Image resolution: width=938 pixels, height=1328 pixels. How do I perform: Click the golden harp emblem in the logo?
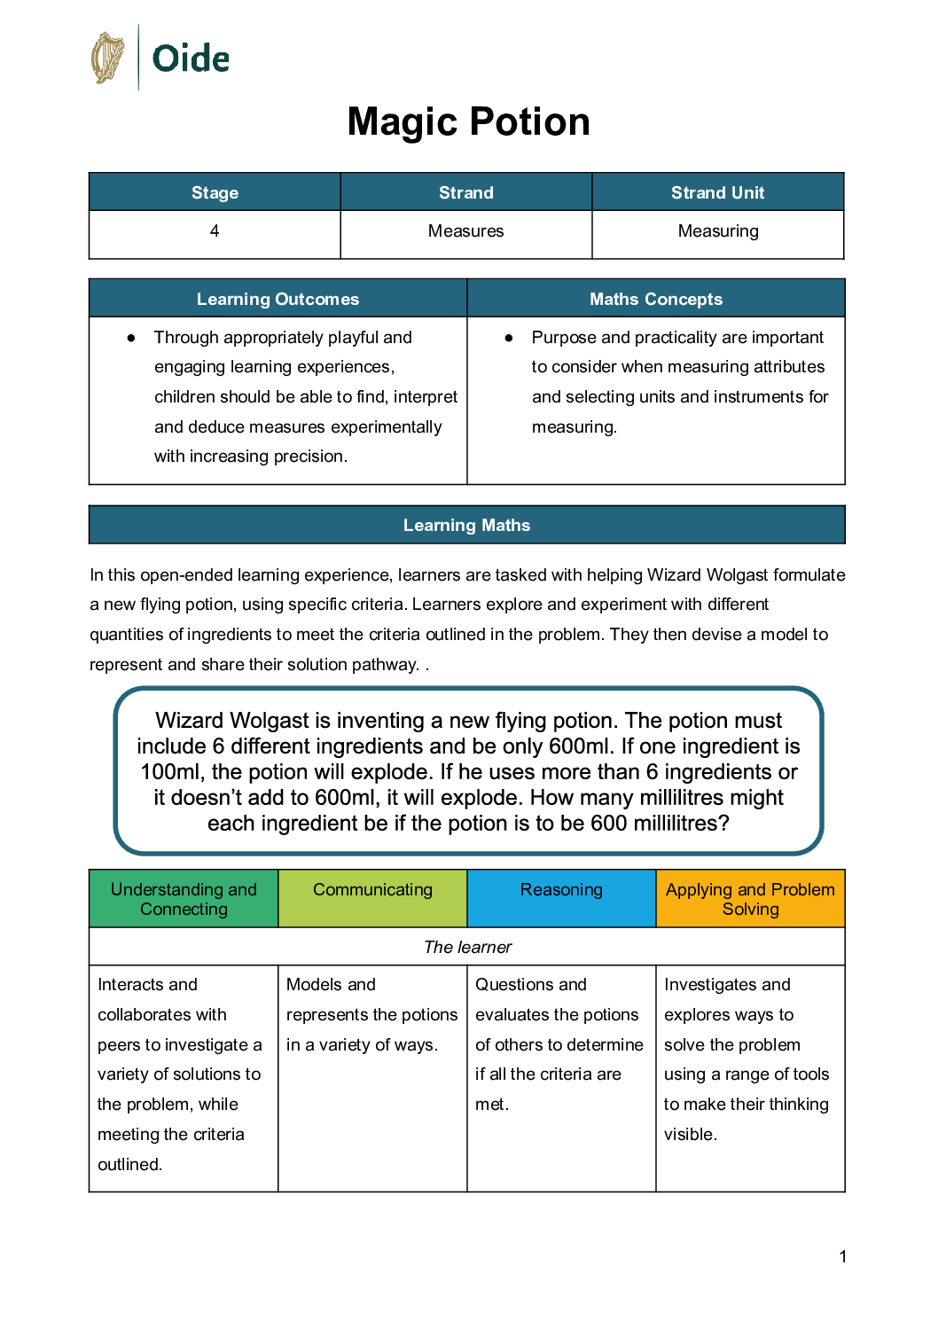coord(107,59)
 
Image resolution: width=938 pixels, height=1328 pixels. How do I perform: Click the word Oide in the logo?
coord(191,59)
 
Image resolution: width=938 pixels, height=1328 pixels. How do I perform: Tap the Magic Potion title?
coord(468,122)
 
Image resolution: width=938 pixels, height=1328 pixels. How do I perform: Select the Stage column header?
coord(215,192)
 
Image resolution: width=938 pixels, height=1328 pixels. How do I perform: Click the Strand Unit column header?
coord(717,192)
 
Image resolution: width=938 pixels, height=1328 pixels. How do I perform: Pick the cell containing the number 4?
coord(215,231)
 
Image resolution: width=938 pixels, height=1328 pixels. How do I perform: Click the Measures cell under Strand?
coord(465,231)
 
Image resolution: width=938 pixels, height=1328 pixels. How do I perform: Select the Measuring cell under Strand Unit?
coord(717,231)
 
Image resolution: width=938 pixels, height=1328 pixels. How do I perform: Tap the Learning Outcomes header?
coord(277,299)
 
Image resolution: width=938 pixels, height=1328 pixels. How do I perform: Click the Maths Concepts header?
coord(656,299)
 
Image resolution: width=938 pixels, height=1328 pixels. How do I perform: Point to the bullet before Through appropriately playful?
coord(131,338)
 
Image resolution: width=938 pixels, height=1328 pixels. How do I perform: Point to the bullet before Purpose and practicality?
coord(509,338)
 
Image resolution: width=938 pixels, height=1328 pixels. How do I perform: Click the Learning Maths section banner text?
coord(466,525)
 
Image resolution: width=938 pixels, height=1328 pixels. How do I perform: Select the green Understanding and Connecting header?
coord(184,899)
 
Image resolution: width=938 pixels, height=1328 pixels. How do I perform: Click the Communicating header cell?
coord(372,890)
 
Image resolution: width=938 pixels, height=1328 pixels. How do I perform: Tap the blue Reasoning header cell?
coord(561,890)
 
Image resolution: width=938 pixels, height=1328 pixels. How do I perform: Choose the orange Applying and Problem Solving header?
coord(750,899)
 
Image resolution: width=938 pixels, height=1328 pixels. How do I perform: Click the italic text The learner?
coord(467,947)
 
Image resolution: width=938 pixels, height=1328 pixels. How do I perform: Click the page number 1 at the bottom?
coord(842,1256)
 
